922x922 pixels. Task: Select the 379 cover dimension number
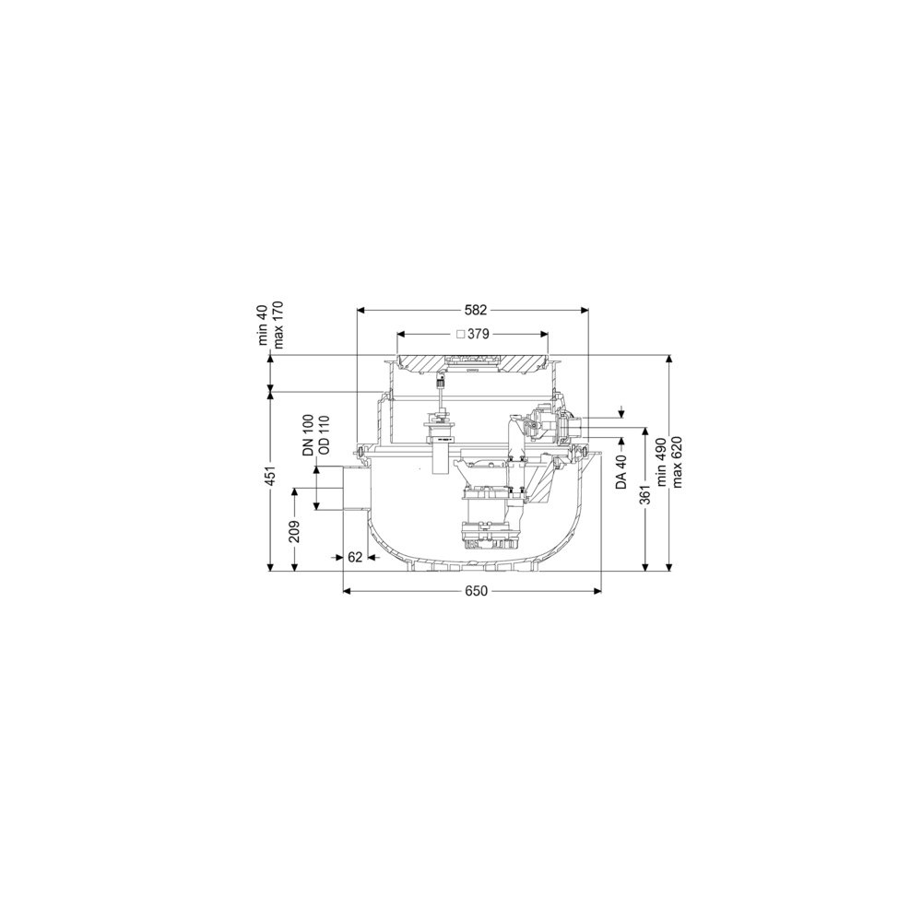pos(478,334)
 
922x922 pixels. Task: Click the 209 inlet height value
pos(295,532)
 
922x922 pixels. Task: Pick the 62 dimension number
pos(355,557)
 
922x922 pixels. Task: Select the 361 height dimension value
pos(645,494)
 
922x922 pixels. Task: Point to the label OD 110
pos(323,436)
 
